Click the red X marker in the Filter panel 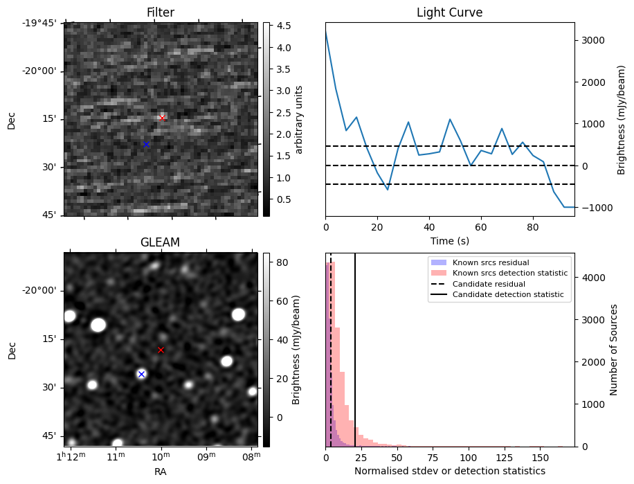[x=162, y=118]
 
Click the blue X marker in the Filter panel [x=146, y=144]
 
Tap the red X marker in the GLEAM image [x=161, y=350]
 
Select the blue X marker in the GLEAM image [x=141, y=374]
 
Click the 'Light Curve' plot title [x=449, y=12]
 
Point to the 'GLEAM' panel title [x=160, y=242]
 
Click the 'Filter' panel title [x=160, y=12]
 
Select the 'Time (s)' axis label [x=449, y=241]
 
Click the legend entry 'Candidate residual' [x=489, y=284]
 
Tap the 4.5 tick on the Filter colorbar [x=284, y=26]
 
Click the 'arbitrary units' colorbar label [x=300, y=119]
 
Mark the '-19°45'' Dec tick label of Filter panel [x=39, y=23]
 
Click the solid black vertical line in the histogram [x=355, y=360]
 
